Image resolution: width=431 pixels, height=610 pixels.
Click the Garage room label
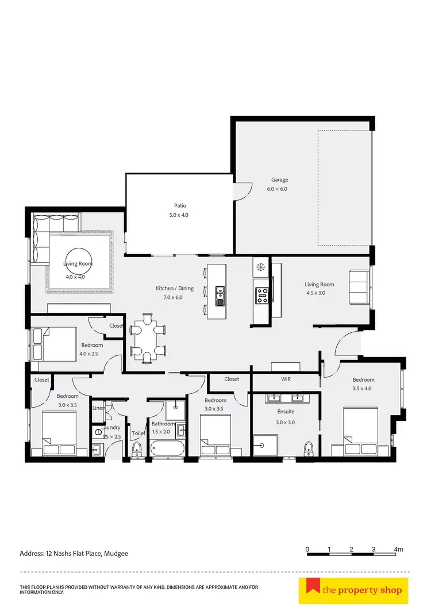click(276, 180)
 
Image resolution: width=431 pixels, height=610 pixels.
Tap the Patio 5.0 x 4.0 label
click(180, 205)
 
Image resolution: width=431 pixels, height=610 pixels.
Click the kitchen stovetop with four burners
click(261, 296)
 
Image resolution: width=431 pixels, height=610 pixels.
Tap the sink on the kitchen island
click(220, 296)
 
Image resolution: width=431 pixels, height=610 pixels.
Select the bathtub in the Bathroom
click(167, 448)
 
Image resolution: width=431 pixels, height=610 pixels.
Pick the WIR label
click(286, 379)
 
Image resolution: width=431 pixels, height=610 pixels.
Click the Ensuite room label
click(286, 412)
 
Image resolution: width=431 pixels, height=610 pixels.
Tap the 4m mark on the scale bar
click(398, 550)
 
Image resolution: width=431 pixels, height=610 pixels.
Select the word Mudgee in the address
click(116, 554)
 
